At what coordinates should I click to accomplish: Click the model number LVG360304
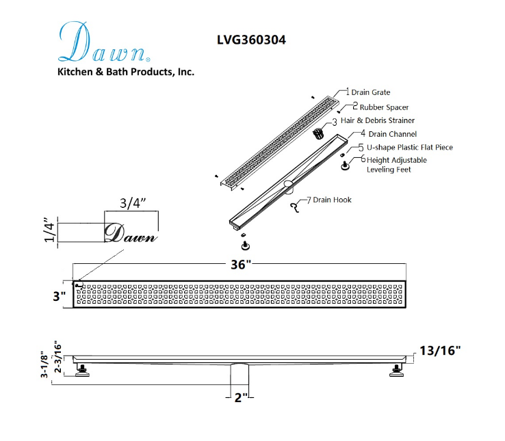[251, 40]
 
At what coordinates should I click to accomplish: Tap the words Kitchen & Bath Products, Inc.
[126, 72]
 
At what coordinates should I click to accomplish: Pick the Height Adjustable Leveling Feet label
[396, 165]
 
